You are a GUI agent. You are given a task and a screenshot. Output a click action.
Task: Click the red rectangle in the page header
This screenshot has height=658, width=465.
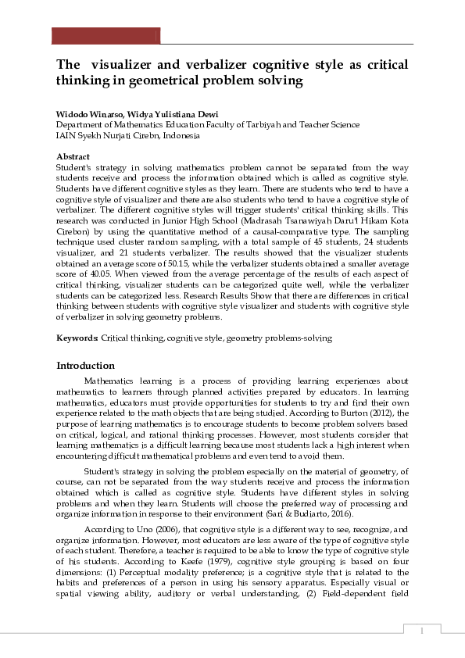tap(106, 36)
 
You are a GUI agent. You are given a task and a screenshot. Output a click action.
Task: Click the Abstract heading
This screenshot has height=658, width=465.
tap(73, 157)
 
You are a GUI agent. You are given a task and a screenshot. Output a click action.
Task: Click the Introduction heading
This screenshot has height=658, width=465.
tap(86, 366)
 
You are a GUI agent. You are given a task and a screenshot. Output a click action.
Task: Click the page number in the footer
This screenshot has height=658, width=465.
tap(422, 630)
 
